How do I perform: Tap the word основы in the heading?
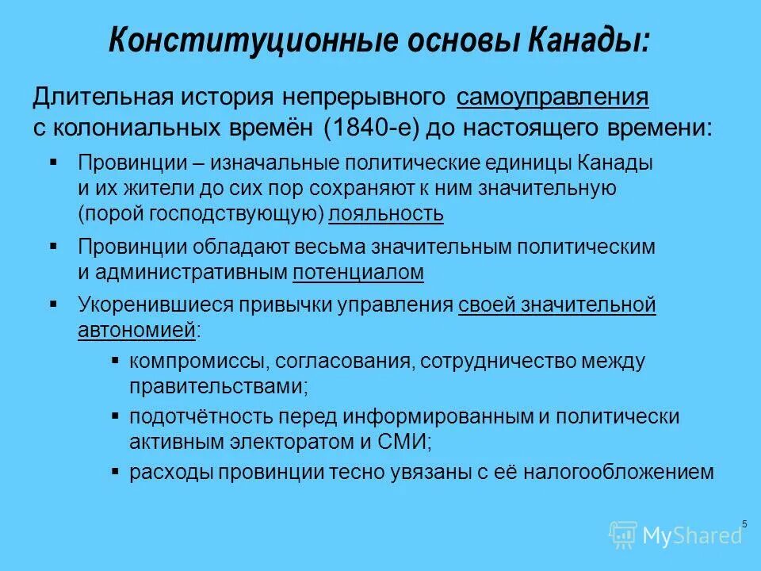(401, 39)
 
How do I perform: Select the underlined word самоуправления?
(553, 98)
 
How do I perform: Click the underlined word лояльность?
(386, 214)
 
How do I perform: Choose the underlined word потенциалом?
(358, 273)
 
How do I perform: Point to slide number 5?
(744, 523)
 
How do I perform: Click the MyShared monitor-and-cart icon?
(623, 535)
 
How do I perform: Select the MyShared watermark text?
(693, 536)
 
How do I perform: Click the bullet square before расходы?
(115, 471)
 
